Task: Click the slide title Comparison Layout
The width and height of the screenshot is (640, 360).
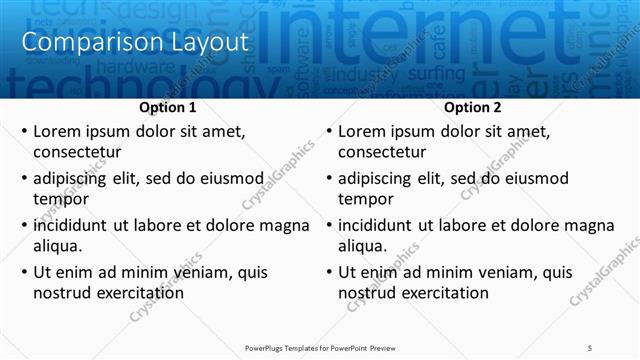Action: [x=134, y=42]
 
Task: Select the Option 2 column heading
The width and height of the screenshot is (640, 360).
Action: [x=473, y=107]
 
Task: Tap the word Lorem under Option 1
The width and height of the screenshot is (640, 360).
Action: [x=57, y=131]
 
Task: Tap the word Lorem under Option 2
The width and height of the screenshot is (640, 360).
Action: [x=362, y=131]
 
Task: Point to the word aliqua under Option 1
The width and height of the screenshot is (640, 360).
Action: [x=57, y=246]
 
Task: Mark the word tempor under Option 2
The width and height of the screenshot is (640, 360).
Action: [x=363, y=199]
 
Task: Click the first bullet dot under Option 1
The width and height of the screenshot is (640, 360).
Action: [x=24, y=132]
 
